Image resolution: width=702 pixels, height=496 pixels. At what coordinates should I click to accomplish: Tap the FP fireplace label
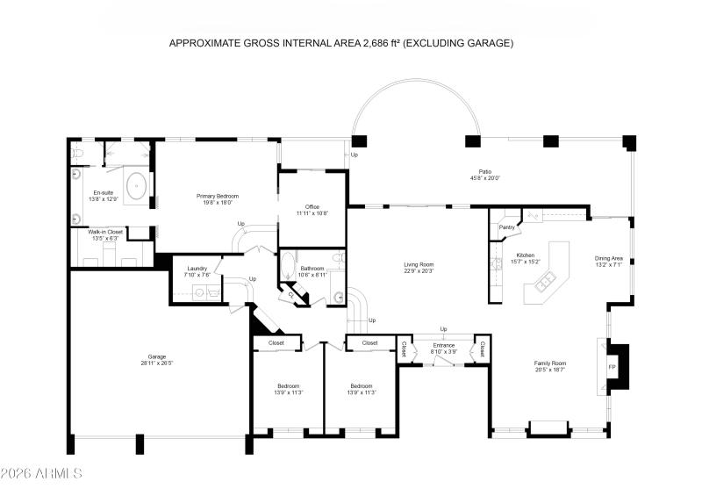[x=612, y=364]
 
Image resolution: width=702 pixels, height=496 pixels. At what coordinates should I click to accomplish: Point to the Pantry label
[x=506, y=227]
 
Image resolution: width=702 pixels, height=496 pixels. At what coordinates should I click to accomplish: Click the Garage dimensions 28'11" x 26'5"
[x=157, y=363]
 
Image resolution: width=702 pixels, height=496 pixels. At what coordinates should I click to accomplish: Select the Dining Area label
[x=609, y=258]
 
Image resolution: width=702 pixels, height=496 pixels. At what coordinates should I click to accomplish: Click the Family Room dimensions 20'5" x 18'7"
[x=550, y=370]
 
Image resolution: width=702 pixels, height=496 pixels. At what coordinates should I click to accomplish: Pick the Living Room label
[x=419, y=264]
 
